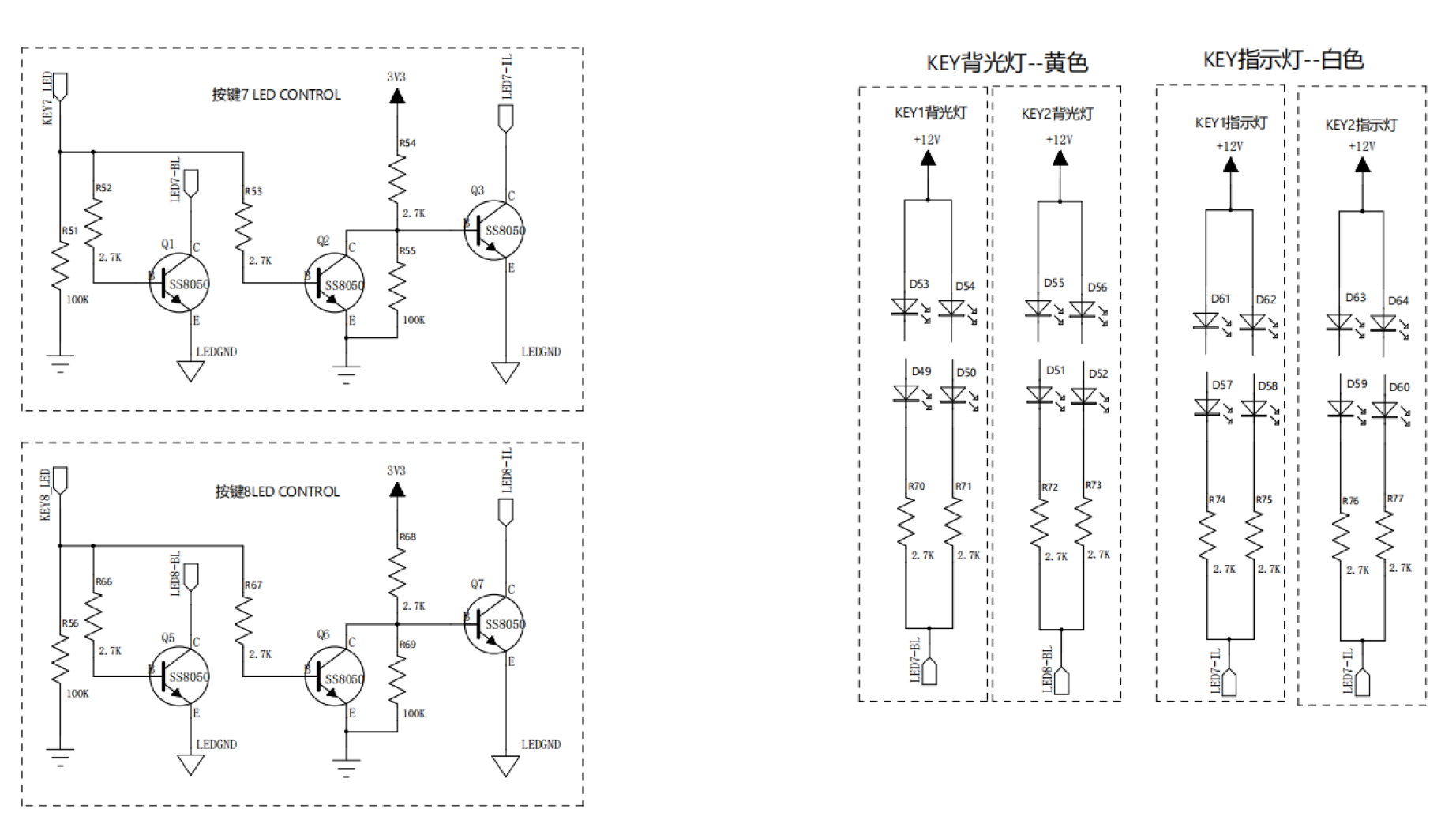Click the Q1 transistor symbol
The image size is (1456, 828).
[x=179, y=282]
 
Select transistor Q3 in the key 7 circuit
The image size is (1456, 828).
[x=494, y=230]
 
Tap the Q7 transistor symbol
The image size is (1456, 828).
[x=494, y=623]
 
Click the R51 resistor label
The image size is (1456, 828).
[x=70, y=231]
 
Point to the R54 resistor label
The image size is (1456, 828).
[x=407, y=143]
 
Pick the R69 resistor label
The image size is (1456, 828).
[x=407, y=644]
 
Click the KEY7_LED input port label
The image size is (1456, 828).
[x=47, y=98]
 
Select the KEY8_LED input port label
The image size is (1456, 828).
[x=46, y=494]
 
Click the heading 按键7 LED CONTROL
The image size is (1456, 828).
[x=276, y=95]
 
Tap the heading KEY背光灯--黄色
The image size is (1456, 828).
[x=1008, y=62]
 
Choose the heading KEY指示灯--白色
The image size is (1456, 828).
[x=1283, y=59]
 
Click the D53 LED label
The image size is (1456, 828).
[x=919, y=284]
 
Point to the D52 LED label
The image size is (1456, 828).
[x=1098, y=374]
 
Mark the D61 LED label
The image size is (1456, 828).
[x=1221, y=299]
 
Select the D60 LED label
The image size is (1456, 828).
[x=1399, y=387]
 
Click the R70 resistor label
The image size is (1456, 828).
[x=917, y=487]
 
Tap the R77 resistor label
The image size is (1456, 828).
[x=1395, y=499]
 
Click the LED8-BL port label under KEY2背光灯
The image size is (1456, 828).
[x=1048, y=670]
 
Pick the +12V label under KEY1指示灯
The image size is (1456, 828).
[x=1229, y=146]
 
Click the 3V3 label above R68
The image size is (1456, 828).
[x=396, y=471]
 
